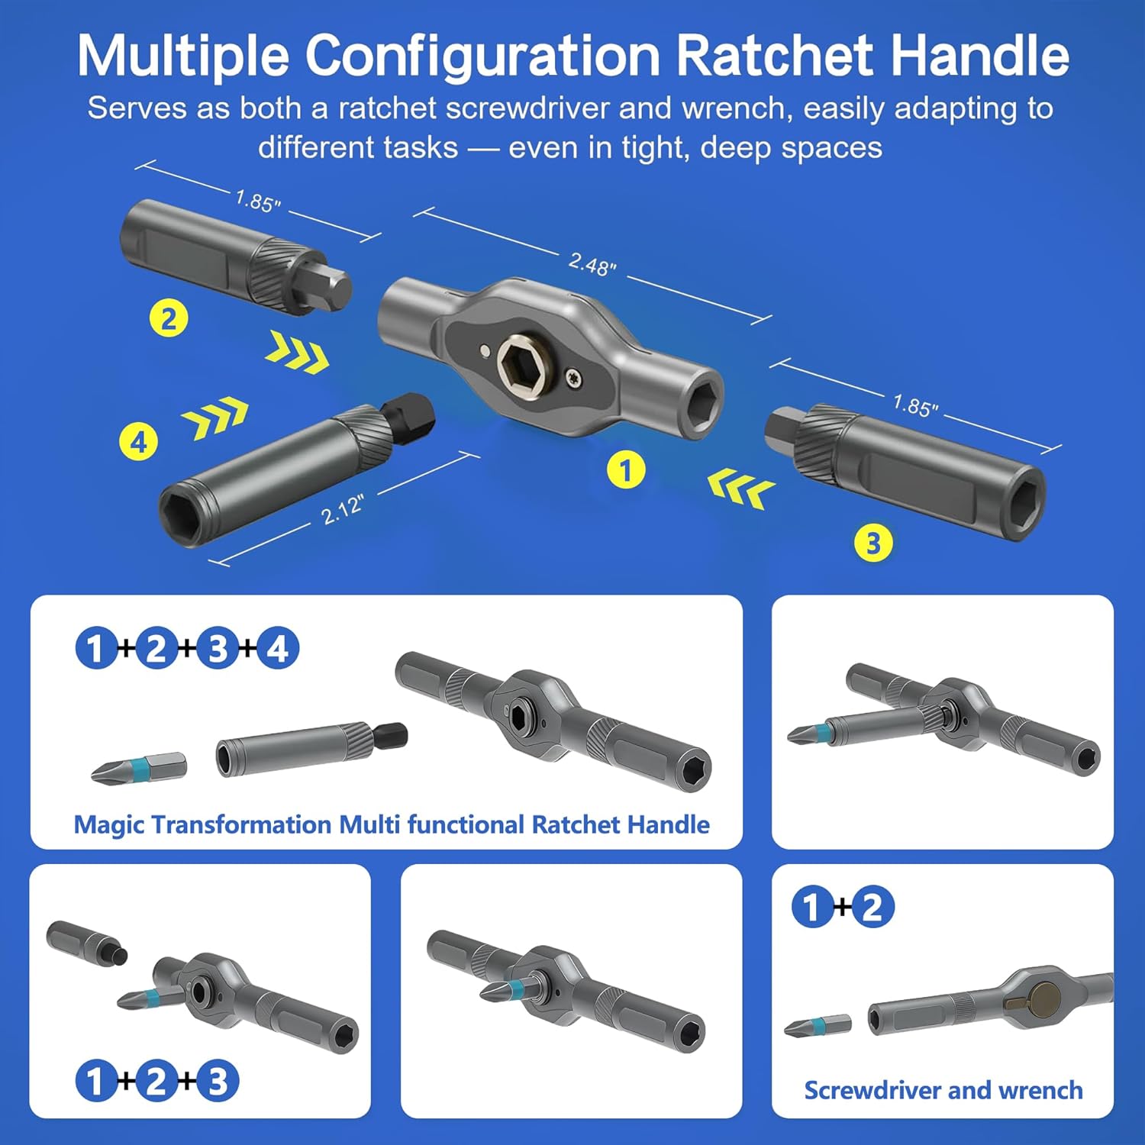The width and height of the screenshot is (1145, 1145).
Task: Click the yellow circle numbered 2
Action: pos(169,318)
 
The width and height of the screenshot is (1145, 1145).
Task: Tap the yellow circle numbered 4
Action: pos(139,442)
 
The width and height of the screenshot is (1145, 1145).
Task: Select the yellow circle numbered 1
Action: pos(626,470)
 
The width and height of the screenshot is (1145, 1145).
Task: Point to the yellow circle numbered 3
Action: pos(873,543)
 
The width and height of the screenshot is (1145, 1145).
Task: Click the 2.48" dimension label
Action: pos(592,265)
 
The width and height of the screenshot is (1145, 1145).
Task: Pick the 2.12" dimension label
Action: pos(343,509)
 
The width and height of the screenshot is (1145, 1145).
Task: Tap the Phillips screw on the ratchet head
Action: pos(573,376)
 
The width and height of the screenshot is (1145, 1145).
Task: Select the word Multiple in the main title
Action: pos(183,56)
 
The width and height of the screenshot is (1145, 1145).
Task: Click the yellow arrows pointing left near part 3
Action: pos(740,489)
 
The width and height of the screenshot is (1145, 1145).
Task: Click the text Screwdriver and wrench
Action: pos(943,1090)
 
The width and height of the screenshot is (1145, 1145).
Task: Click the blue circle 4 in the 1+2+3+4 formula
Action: pos(278,649)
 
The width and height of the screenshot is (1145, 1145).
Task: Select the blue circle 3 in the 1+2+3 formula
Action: pos(218,1082)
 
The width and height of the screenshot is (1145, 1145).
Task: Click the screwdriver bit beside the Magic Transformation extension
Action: pos(139,766)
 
